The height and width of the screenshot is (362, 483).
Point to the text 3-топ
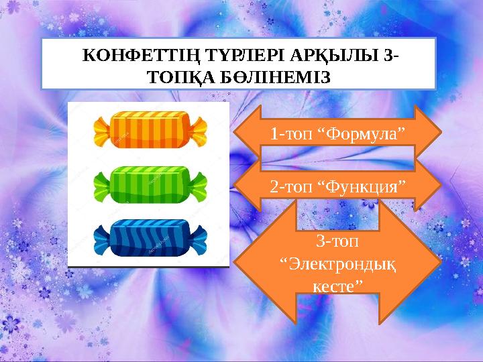click(x=337, y=239)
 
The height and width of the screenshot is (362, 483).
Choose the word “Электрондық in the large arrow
click(x=337, y=263)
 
